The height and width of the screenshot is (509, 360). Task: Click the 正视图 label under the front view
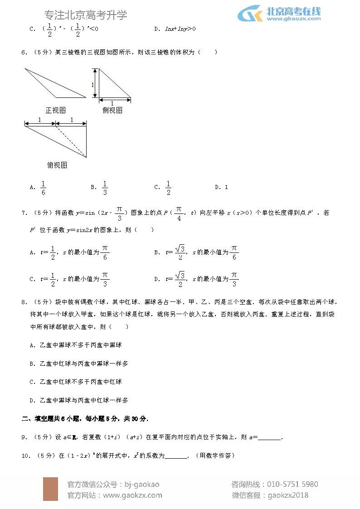56,110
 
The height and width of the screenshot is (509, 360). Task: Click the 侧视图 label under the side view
112,110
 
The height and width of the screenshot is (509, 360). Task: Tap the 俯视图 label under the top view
57,165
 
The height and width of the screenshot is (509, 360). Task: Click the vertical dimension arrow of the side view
95,83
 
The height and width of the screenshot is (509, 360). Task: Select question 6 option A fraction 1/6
43,187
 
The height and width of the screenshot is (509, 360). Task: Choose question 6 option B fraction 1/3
105,187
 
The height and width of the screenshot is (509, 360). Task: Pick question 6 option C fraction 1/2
168,187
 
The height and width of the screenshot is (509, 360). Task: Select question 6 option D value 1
226,187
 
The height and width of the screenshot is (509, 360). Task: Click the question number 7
24,213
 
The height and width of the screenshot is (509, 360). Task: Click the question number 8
24,302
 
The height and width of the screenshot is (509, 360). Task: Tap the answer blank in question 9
269,437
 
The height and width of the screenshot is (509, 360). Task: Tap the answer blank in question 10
176,456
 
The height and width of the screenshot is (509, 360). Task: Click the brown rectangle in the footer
50,489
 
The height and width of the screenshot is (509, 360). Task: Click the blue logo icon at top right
250,14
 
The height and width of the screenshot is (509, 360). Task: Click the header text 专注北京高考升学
87,15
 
